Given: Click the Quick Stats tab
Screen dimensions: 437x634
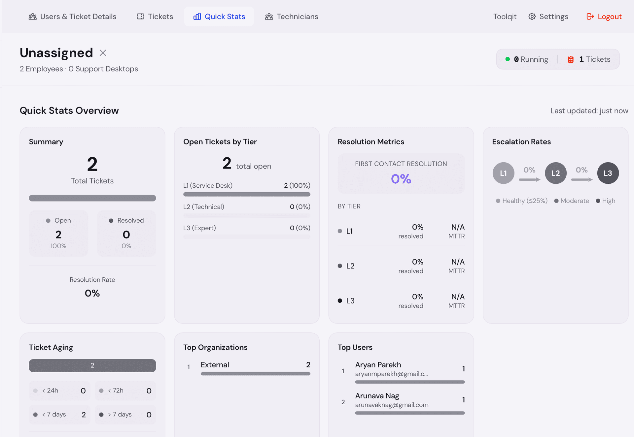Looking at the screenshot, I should pyautogui.click(x=219, y=16).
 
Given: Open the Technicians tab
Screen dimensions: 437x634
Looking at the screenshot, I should pyautogui.click(x=292, y=16).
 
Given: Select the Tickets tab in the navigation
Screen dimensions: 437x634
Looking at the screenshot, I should pyautogui.click(x=155, y=16).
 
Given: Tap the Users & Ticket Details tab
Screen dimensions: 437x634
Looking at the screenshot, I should pyautogui.click(x=72, y=16).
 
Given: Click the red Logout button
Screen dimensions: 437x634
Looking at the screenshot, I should pyautogui.click(x=604, y=16).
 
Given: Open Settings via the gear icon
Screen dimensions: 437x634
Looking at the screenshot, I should pyautogui.click(x=532, y=16).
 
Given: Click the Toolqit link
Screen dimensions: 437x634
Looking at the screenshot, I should pyautogui.click(x=505, y=16).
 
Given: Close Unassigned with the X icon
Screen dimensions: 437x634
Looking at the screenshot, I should pyautogui.click(x=103, y=53).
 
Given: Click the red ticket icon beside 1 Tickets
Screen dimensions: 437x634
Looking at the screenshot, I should pyautogui.click(x=571, y=59).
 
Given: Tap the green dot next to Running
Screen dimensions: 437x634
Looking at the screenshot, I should pyautogui.click(x=508, y=59).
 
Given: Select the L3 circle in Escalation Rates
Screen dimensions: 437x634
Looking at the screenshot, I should pyautogui.click(x=608, y=173).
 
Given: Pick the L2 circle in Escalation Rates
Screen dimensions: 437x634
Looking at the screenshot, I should pyautogui.click(x=555, y=173).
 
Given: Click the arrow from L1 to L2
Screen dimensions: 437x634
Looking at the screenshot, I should pyautogui.click(x=529, y=179).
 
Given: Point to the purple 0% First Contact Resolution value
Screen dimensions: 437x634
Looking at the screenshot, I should pyautogui.click(x=401, y=179).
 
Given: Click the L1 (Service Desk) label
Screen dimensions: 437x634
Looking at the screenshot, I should pyautogui.click(x=208, y=185).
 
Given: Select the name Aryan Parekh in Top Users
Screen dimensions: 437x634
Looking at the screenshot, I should pyautogui.click(x=378, y=365).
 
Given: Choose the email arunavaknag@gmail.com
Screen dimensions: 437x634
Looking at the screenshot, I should pyautogui.click(x=392, y=405).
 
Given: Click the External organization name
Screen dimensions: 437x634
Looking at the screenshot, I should pyautogui.click(x=215, y=365).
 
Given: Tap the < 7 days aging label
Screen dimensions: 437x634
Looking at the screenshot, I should pyautogui.click(x=54, y=414).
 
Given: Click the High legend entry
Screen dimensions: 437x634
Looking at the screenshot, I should pyautogui.click(x=608, y=201).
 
